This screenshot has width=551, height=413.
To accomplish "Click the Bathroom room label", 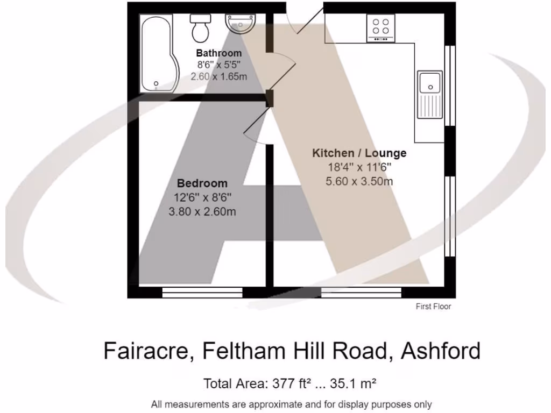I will tap(218, 53).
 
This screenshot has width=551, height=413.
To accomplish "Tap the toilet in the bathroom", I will tap(201, 28).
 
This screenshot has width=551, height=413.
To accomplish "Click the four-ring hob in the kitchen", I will tap(381, 28).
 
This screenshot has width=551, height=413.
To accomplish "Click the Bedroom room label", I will tap(202, 183).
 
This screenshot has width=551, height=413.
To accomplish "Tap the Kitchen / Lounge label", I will tap(359, 153).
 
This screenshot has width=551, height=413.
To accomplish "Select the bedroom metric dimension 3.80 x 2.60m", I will tap(202, 211).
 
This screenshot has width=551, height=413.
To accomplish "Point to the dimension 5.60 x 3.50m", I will tap(359, 181).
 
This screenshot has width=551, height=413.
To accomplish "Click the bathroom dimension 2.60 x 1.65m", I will tap(218, 76).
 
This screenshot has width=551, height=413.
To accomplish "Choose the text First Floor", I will tap(433, 307).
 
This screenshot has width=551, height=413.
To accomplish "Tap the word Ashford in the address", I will tap(441, 351).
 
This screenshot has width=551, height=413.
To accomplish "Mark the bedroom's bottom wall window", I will tap(202, 292).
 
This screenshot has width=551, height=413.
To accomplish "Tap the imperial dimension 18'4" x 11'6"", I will tap(359, 167).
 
